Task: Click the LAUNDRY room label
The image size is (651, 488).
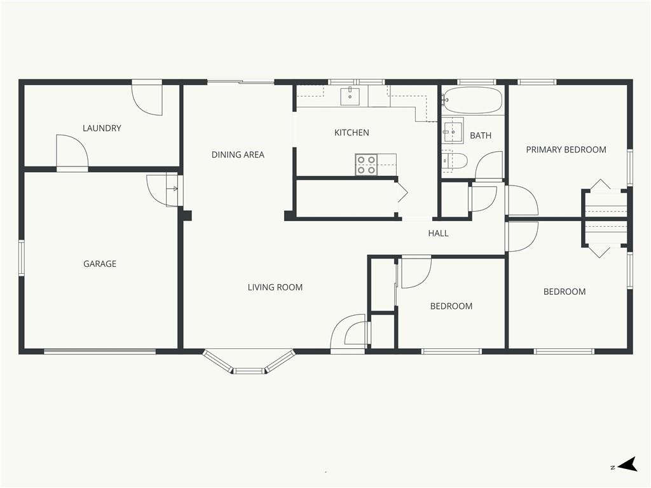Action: pos(102,128)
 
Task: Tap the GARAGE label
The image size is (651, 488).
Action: pos(100,264)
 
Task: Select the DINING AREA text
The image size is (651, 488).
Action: pos(238,155)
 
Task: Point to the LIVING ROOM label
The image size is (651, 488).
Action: pos(275,287)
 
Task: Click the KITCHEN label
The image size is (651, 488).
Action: pos(352,133)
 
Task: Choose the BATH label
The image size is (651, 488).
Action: pos(481,136)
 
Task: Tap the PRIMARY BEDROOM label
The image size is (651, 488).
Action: pos(566,150)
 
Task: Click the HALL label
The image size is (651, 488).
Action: pos(438,234)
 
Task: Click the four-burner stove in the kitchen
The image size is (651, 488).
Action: pos(366,165)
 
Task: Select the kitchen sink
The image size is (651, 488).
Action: pos(350,97)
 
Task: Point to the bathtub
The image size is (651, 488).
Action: pos(472,100)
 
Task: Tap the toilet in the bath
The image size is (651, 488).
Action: pos(454,161)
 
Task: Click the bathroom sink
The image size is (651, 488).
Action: pos(452,130)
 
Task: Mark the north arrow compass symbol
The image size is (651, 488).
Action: pos(627,464)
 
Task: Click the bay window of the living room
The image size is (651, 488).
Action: pos(249,363)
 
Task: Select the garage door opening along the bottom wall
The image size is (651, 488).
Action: pos(100,351)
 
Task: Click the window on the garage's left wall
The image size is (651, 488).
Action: pos(21,258)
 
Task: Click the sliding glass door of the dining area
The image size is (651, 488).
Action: pos(241,82)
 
